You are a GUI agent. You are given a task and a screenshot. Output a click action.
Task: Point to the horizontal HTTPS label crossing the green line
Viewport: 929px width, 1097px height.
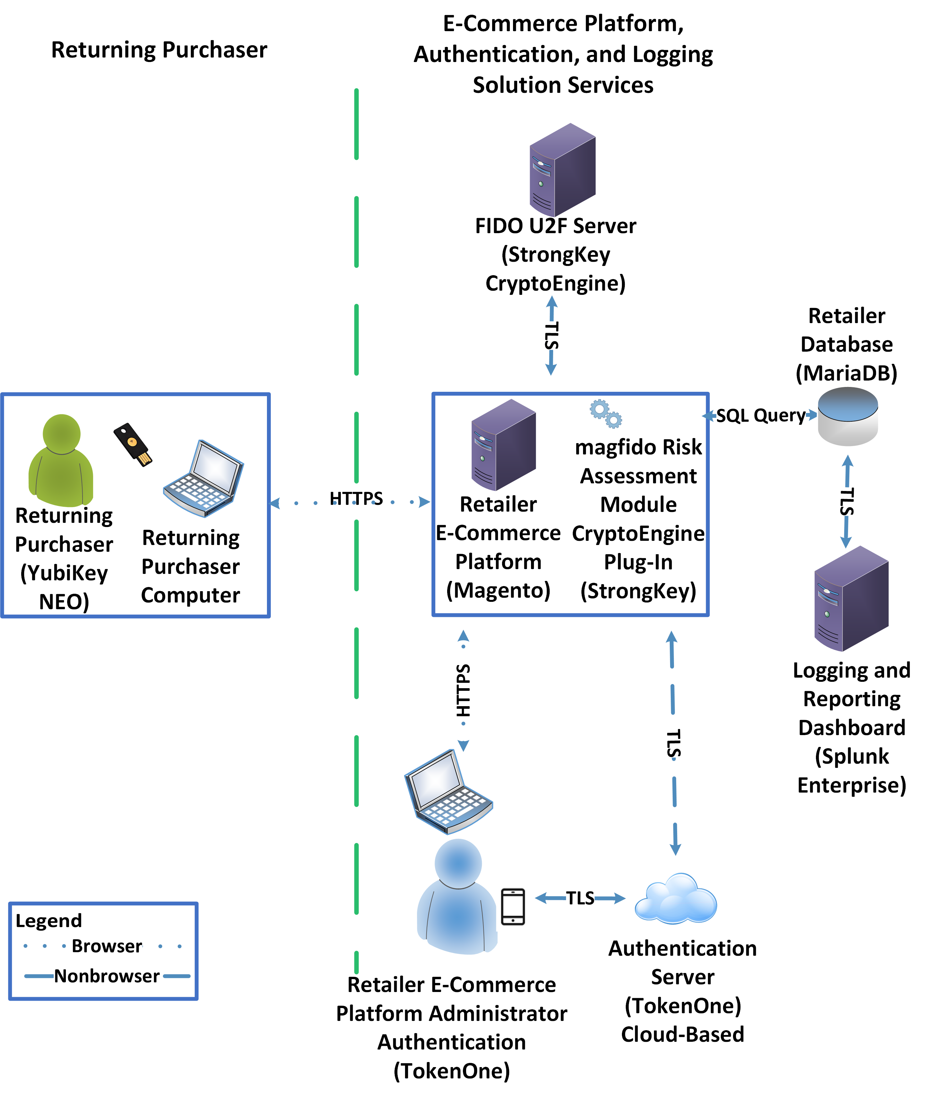click(356, 498)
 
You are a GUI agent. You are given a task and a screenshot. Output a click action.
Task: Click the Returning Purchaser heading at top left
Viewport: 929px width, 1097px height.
click(159, 50)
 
